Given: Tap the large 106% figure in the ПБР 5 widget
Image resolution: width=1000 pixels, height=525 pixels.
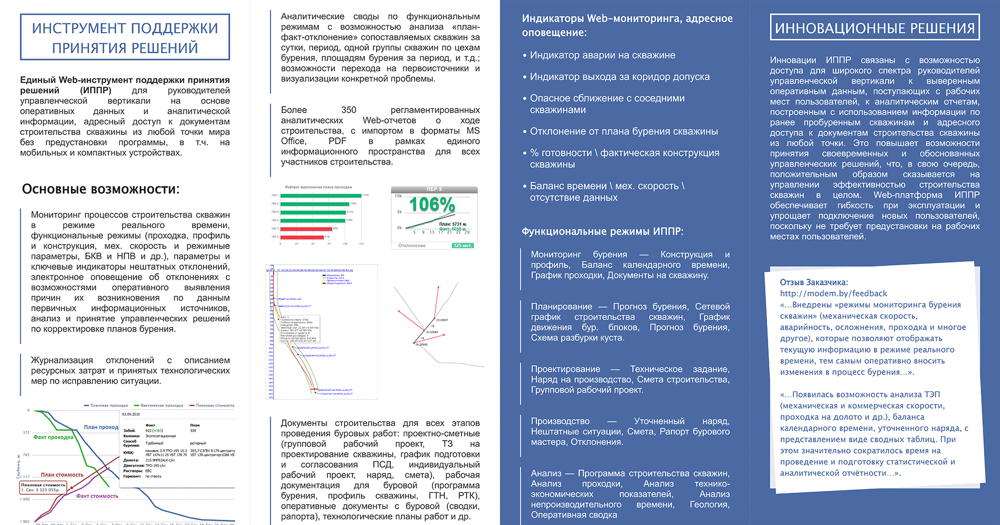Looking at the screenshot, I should [432, 205].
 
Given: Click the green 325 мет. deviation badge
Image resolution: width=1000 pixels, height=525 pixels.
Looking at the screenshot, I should [463, 245].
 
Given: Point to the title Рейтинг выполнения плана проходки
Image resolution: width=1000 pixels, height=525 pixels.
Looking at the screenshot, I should [318, 187].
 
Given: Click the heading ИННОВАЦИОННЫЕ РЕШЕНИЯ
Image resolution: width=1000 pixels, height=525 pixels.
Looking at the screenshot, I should [874, 28].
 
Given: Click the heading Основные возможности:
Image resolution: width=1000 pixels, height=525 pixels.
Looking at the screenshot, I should [101, 189].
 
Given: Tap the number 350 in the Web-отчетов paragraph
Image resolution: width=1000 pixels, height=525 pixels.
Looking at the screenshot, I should [348, 110].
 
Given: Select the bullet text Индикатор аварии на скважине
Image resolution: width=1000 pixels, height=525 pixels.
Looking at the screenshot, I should [603, 55].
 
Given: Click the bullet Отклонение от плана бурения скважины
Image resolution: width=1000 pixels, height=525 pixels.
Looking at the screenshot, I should [623, 132].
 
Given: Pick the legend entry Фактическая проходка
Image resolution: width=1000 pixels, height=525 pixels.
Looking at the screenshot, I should [161, 405].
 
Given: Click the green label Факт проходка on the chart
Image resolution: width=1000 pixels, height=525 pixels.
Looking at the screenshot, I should [53, 438].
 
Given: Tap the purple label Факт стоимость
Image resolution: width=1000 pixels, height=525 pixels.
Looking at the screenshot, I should [97, 496].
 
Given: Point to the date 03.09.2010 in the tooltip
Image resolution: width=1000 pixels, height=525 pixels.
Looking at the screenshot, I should [131, 415].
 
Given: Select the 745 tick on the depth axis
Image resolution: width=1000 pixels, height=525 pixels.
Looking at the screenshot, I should [26, 455].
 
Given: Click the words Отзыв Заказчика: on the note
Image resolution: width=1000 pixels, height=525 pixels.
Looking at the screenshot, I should [814, 282].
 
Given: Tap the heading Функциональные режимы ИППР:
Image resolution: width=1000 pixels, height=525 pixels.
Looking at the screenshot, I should [603, 232].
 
